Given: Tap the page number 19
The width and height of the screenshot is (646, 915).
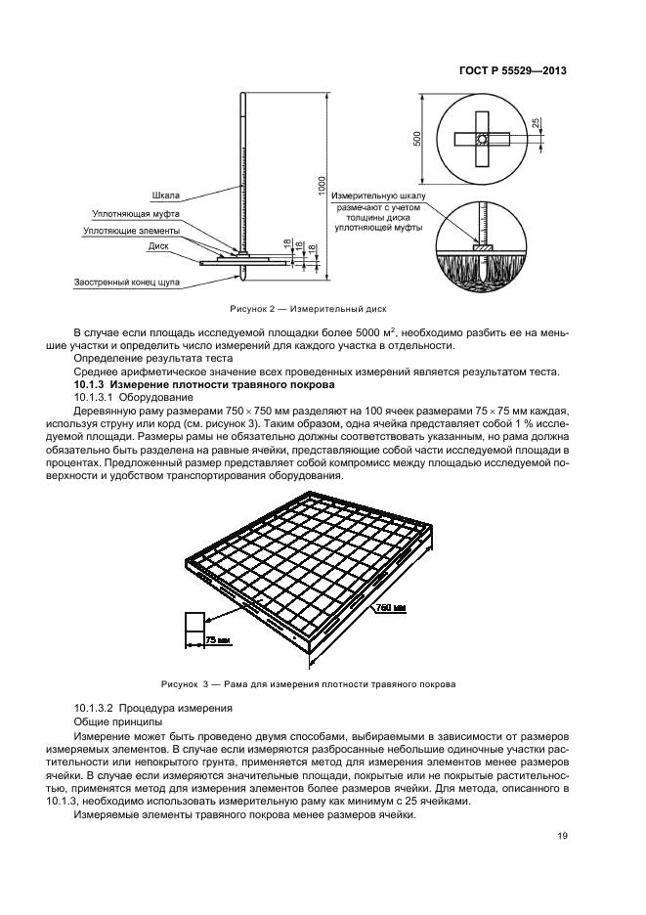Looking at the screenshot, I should pos(563,835).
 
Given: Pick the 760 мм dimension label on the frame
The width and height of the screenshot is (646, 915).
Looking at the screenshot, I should pos(390,607).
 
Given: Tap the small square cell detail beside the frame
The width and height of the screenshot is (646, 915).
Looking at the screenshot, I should pos(194,624).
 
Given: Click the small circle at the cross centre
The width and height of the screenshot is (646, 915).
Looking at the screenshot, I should pos(481,141).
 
